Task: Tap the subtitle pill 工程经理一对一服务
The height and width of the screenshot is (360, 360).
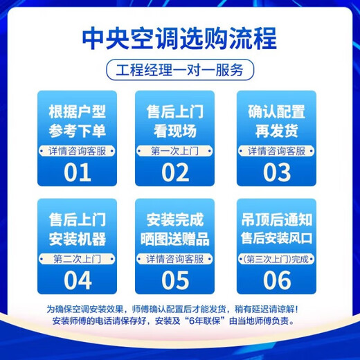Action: tap(180, 70)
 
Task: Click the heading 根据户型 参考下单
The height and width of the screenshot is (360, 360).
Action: tap(78, 122)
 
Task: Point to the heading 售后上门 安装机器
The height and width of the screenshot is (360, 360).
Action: tap(78, 230)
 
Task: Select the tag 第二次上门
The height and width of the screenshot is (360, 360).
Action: tap(78, 259)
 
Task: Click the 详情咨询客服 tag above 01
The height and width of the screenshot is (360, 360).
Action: tap(78, 150)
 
